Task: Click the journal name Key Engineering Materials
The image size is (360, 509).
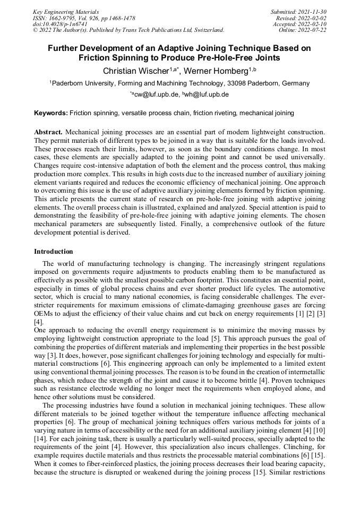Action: (x=66, y=12)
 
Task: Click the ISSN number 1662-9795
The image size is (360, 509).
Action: (x=67, y=18)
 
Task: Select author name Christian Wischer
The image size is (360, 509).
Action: (x=135, y=71)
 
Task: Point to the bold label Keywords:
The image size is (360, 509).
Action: (x=51, y=113)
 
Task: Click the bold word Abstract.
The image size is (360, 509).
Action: (x=48, y=131)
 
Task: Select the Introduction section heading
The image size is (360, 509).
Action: (x=53, y=251)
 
